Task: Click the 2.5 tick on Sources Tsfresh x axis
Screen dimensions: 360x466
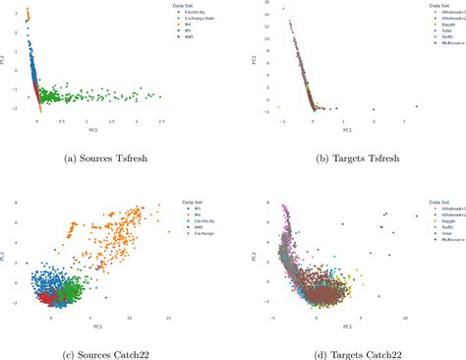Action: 160,122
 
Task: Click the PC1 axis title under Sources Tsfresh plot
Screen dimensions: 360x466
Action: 90,129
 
